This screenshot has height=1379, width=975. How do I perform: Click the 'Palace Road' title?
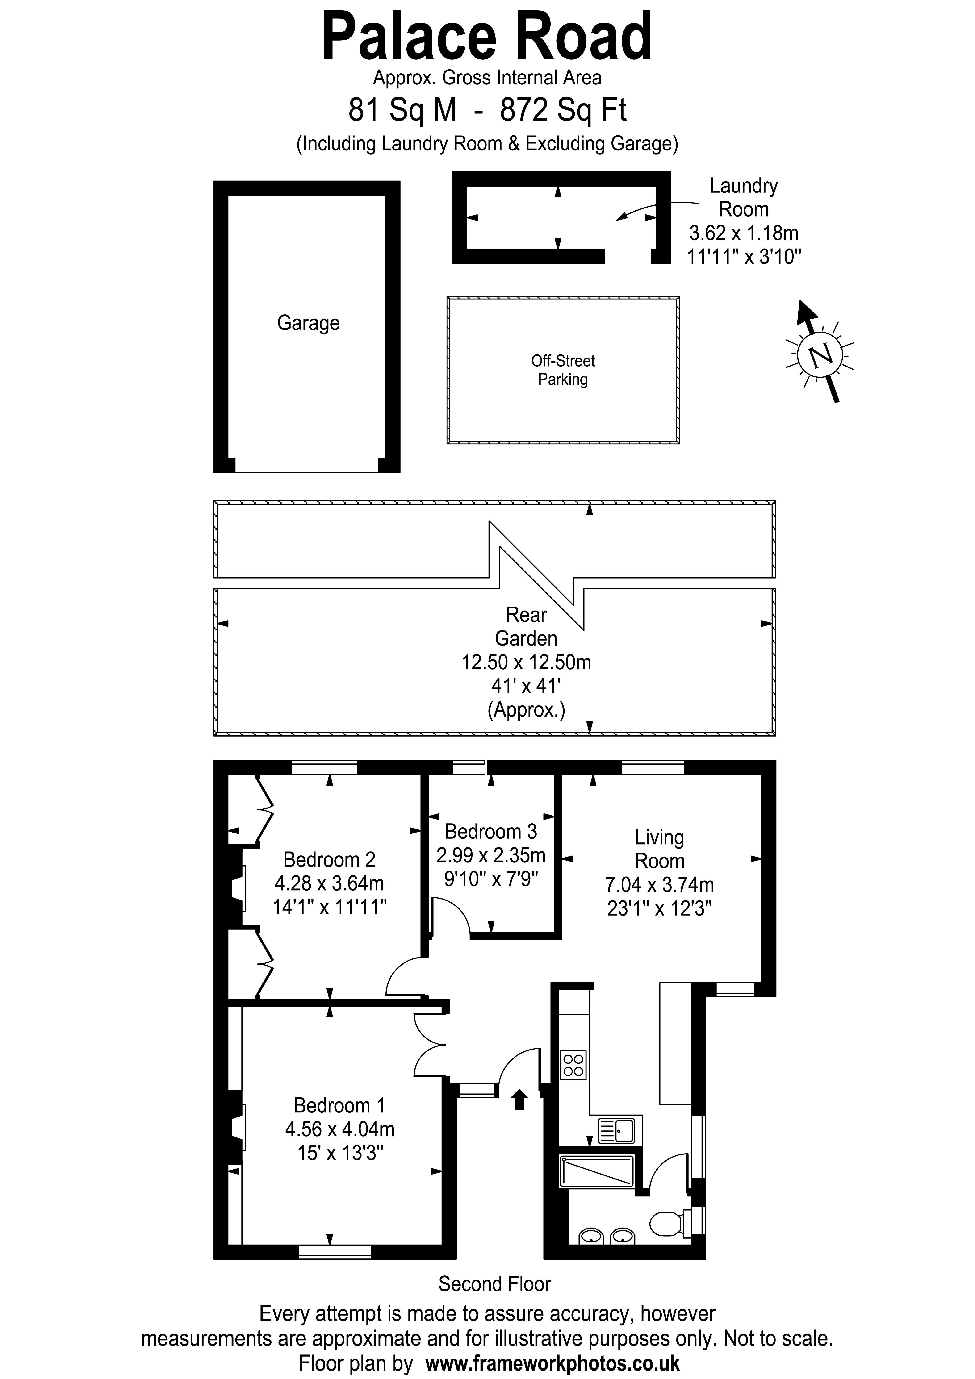point(487,37)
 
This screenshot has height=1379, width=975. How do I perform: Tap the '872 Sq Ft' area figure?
point(564,110)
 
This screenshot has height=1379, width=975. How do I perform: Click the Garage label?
point(308,323)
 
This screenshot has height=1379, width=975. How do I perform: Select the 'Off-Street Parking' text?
point(563,370)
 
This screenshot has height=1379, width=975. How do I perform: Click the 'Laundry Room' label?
point(744,198)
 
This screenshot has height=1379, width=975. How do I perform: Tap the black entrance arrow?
point(519,1100)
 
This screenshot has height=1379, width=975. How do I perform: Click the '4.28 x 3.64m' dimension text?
point(329,883)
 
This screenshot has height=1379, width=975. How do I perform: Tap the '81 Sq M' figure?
point(402,110)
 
